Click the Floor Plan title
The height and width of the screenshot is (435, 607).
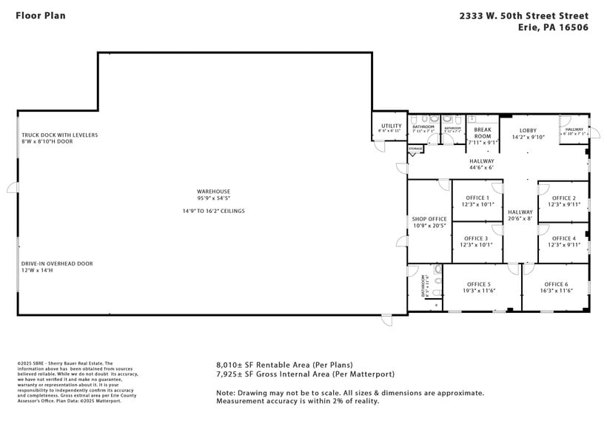pyautogui.click(x=40, y=16)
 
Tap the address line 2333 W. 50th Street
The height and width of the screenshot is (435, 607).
pyautogui.click(x=523, y=16)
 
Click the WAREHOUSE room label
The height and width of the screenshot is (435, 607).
pyautogui.click(x=213, y=191)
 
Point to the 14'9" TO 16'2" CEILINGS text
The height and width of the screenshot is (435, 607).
pyautogui.click(x=213, y=211)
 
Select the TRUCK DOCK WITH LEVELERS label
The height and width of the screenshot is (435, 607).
pyautogui.click(x=59, y=135)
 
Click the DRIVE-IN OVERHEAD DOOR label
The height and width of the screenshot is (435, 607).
pyautogui.click(x=57, y=263)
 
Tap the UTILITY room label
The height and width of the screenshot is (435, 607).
pyautogui.click(x=391, y=127)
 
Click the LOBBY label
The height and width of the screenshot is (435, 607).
pyautogui.click(x=528, y=131)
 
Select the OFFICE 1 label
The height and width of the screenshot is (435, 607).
pyautogui.click(x=477, y=198)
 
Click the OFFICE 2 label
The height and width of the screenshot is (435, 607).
pyautogui.click(x=563, y=198)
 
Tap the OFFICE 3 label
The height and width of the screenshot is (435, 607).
pyautogui.click(x=477, y=238)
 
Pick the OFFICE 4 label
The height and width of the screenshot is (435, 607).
pyautogui.click(x=563, y=238)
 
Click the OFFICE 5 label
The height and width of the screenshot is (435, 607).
pyautogui.click(x=478, y=284)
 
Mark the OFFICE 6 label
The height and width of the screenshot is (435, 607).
pyautogui.click(x=556, y=284)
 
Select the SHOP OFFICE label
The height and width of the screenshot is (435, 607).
pyautogui.click(x=429, y=219)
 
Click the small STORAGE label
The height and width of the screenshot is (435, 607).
pyautogui.click(x=415, y=149)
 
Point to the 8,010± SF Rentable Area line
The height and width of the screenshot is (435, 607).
pyautogui.click(x=284, y=365)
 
